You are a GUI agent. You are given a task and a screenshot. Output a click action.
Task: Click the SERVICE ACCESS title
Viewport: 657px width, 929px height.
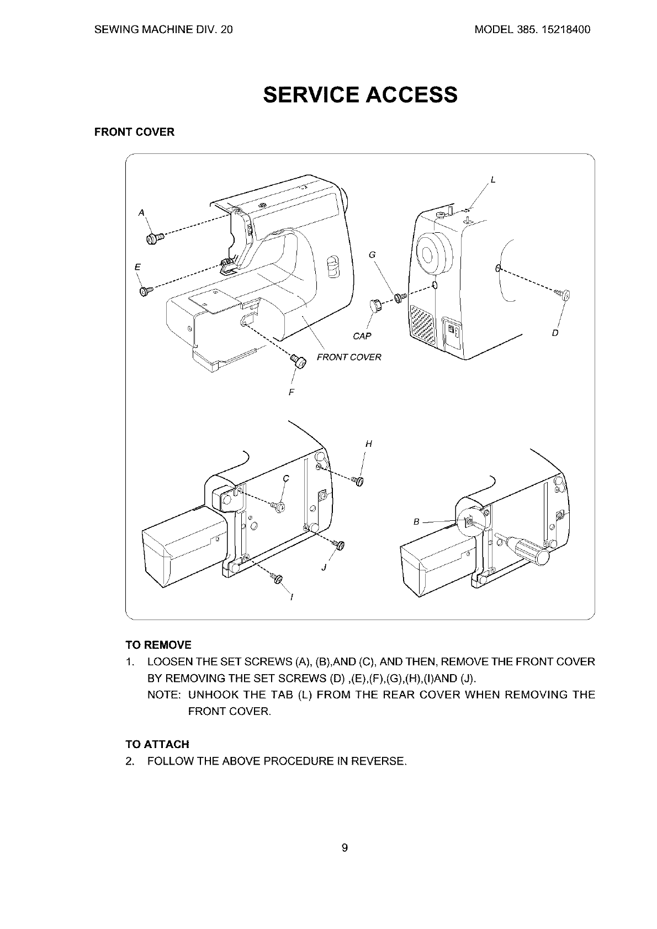360,95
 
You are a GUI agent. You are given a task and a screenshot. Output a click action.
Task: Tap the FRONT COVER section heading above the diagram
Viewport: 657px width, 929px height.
134,132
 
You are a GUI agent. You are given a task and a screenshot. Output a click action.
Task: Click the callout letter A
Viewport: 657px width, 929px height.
141,212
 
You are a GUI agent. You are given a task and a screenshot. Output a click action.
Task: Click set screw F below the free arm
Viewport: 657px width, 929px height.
299,362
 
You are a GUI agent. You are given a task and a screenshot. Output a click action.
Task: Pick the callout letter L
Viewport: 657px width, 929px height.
493,179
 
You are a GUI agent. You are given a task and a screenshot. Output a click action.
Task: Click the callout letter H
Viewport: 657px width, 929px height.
368,443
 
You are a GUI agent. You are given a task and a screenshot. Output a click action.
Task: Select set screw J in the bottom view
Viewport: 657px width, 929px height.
339,544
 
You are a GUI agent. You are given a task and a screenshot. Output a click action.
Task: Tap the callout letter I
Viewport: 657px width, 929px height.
292,597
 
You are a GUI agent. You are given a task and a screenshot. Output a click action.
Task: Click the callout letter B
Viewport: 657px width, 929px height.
417,522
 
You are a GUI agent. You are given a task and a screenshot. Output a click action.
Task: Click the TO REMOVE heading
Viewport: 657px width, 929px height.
158,645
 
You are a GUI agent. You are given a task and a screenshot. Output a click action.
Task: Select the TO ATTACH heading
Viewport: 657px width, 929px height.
157,744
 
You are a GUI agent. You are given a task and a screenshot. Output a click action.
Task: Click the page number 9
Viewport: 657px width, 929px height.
345,848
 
